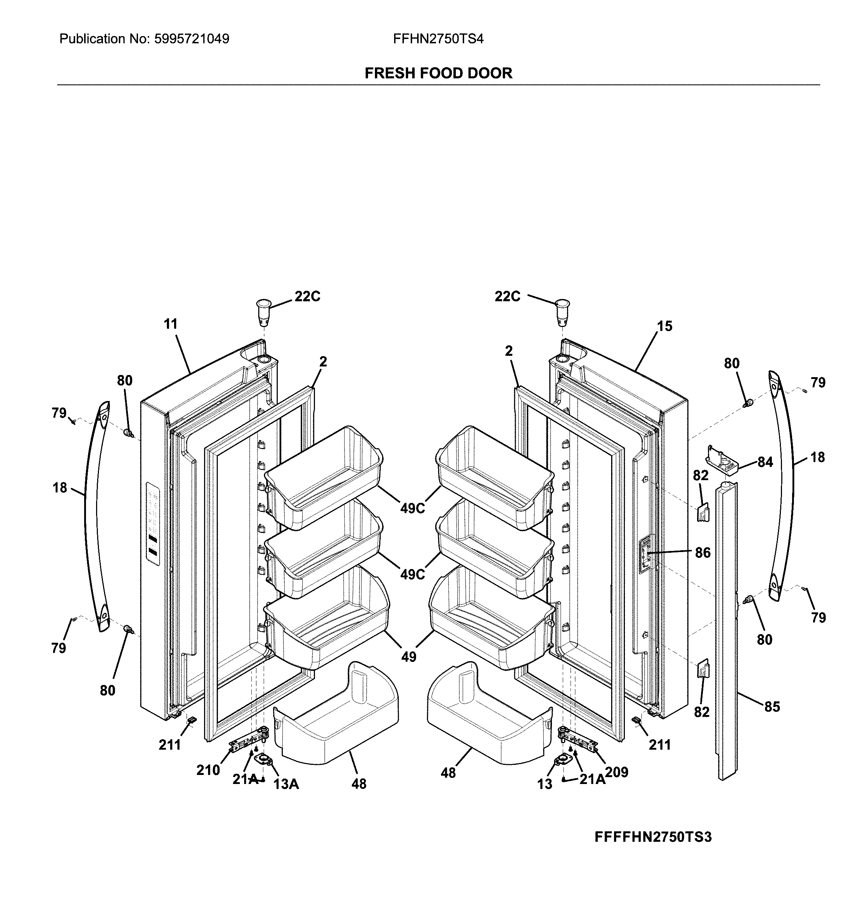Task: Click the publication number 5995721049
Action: [x=191, y=39]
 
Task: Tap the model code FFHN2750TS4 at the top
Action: [x=438, y=39]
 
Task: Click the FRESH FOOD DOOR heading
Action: [x=438, y=73]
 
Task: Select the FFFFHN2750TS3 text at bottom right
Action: [x=653, y=837]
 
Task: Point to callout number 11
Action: [x=170, y=324]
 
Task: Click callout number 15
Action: [x=664, y=327]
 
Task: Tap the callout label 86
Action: [x=703, y=553]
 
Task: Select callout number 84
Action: [x=765, y=462]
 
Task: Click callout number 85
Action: [x=772, y=707]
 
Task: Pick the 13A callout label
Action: [x=286, y=784]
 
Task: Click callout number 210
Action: [x=208, y=770]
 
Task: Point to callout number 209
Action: [x=617, y=772]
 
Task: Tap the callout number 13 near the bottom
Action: [x=545, y=784]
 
